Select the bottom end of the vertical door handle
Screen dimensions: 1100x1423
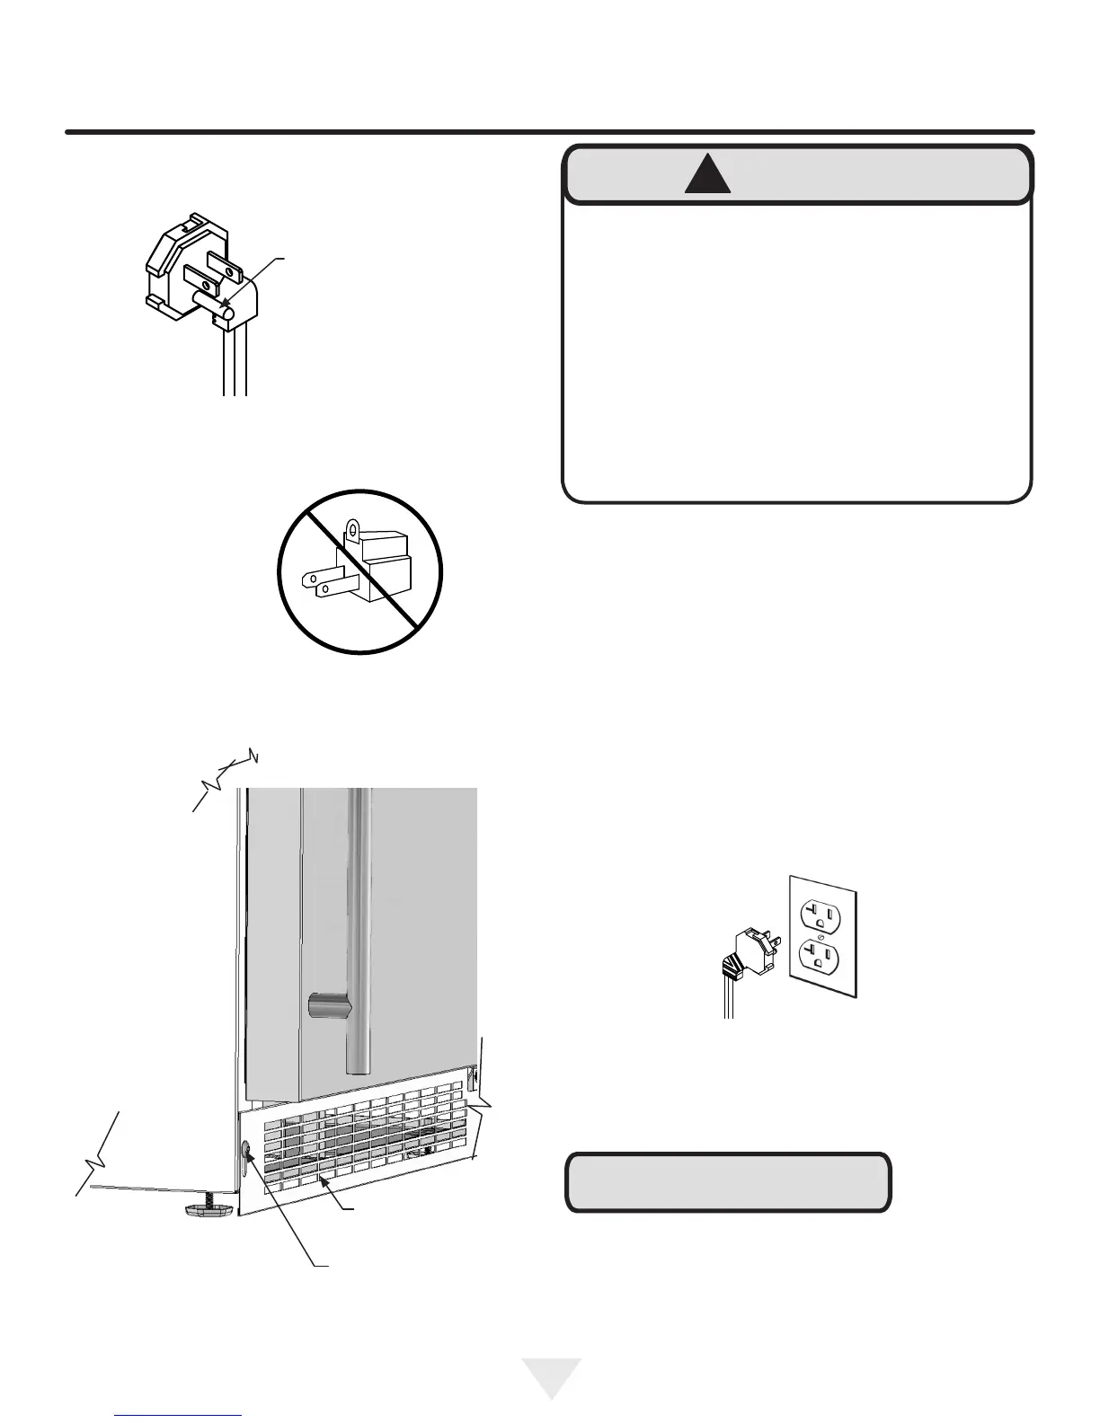[x=359, y=1065]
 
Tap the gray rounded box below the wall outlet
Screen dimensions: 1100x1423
[x=728, y=1183]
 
